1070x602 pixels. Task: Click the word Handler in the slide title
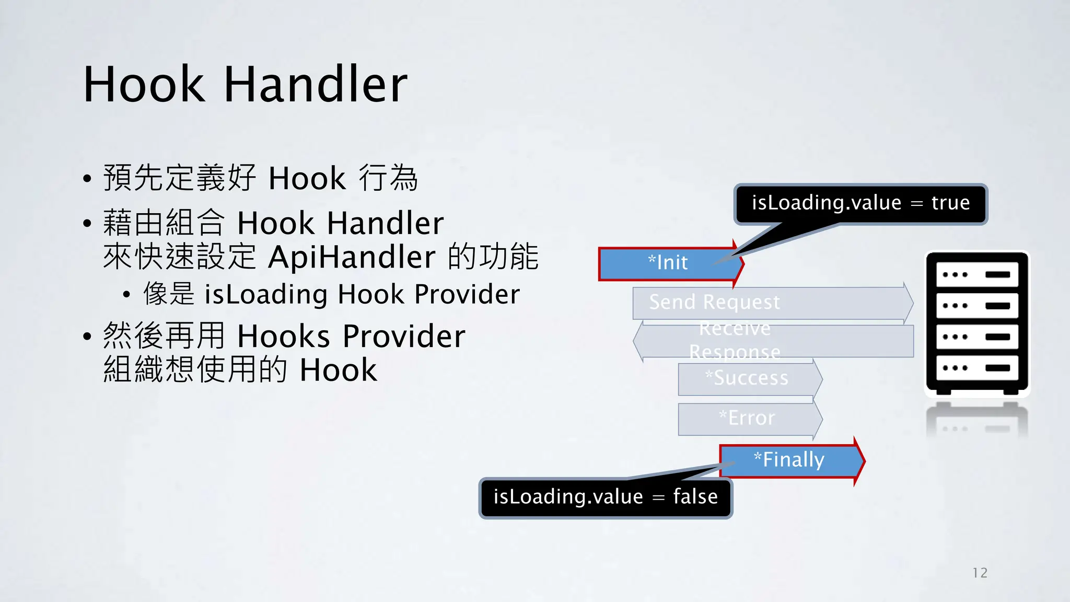point(316,85)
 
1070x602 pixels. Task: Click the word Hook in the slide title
point(144,85)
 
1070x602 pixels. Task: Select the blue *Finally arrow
point(789,460)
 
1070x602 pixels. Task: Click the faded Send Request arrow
point(714,303)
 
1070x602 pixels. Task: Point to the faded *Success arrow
point(747,378)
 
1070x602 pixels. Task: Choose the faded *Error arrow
point(747,418)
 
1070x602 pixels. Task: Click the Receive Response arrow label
point(735,340)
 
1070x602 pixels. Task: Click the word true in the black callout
point(950,203)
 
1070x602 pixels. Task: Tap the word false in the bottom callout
point(695,496)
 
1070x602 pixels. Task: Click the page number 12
point(980,573)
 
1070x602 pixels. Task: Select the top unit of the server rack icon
point(976,275)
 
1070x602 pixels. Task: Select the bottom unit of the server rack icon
point(976,368)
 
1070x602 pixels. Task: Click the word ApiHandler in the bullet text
point(352,257)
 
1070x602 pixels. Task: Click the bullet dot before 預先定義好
point(87,179)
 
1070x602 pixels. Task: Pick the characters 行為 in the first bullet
point(388,178)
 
